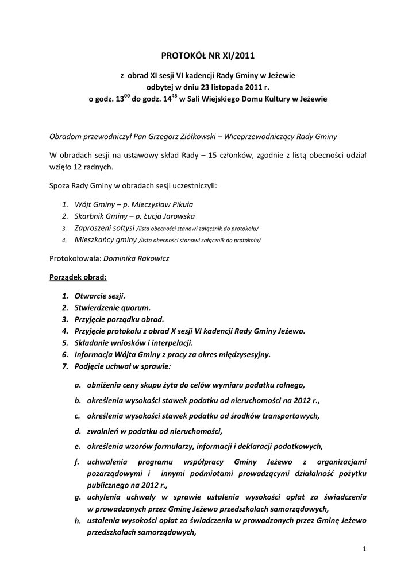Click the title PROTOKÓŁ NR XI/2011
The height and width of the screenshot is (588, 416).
coord(208,55)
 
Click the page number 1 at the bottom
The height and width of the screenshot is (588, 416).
coord(364,549)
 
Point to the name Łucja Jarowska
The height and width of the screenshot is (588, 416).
coord(171,216)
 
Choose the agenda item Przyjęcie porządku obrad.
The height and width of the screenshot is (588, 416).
coord(120,319)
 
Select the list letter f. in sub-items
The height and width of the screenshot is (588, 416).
coord(77,461)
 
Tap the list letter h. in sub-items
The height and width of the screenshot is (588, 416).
coord(77,521)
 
